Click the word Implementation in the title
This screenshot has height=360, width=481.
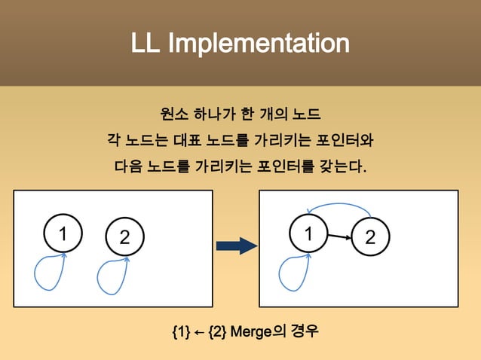[259, 44]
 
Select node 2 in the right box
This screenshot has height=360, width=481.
[369, 236]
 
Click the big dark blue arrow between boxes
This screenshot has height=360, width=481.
[236, 246]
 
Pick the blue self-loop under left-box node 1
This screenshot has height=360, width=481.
[49, 274]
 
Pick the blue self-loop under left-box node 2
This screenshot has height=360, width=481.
[112, 278]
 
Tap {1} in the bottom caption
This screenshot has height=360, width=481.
[181, 331]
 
